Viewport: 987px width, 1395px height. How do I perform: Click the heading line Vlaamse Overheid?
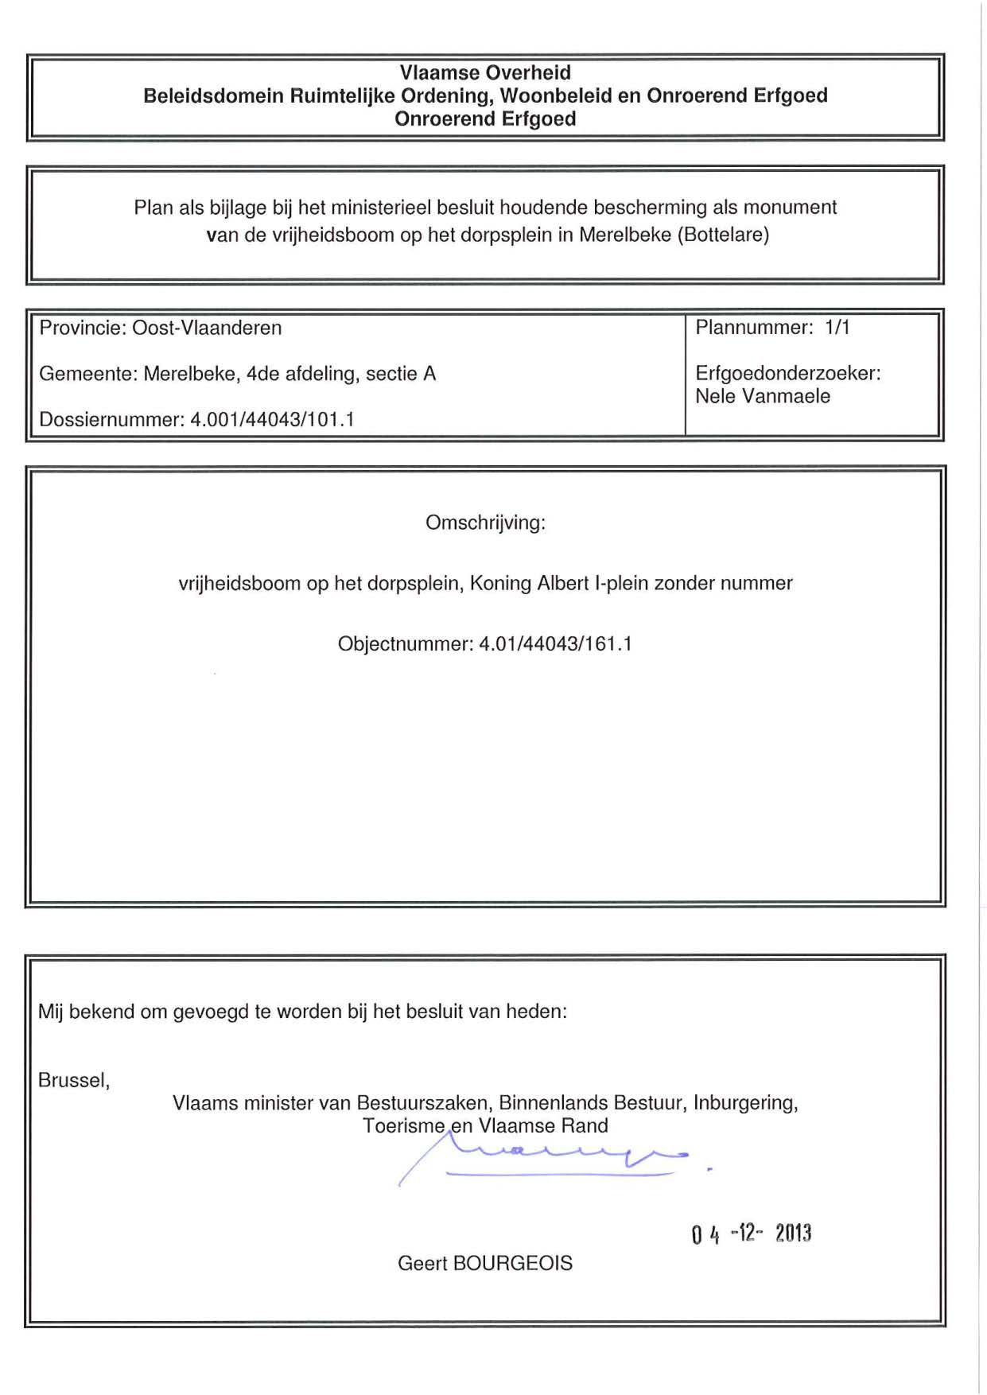pyautogui.click(x=485, y=72)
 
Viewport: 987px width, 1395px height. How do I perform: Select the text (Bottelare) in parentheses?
pyautogui.click(x=723, y=235)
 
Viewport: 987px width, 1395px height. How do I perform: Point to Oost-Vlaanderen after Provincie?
pyautogui.click(x=207, y=328)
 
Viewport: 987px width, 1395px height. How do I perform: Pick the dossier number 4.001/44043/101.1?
pyautogui.click(x=272, y=419)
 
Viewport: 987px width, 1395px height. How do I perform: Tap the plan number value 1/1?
pyautogui.click(x=837, y=327)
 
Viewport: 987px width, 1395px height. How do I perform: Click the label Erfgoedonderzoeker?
pyautogui.click(x=788, y=373)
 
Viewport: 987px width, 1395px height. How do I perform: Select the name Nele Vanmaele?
pyautogui.click(x=763, y=396)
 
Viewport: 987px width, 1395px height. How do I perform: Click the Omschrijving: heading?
pyautogui.click(x=485, y=523)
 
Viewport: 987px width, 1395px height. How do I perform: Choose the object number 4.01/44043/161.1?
pyautogui.click(x=555, y=643)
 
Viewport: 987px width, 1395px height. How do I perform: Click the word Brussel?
pyautogui.click(x=74, y=1080)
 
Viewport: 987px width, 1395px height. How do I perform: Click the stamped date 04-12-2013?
pyautogui.click(x=751, y=1234)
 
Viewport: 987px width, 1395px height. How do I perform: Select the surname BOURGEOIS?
pyautogui.click(x=512, y=1263)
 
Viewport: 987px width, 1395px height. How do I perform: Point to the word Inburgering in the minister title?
pyautogui.click(x=745, y=1103)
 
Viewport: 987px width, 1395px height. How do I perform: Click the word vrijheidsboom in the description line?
pyautogui.click(x=239, y=583)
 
